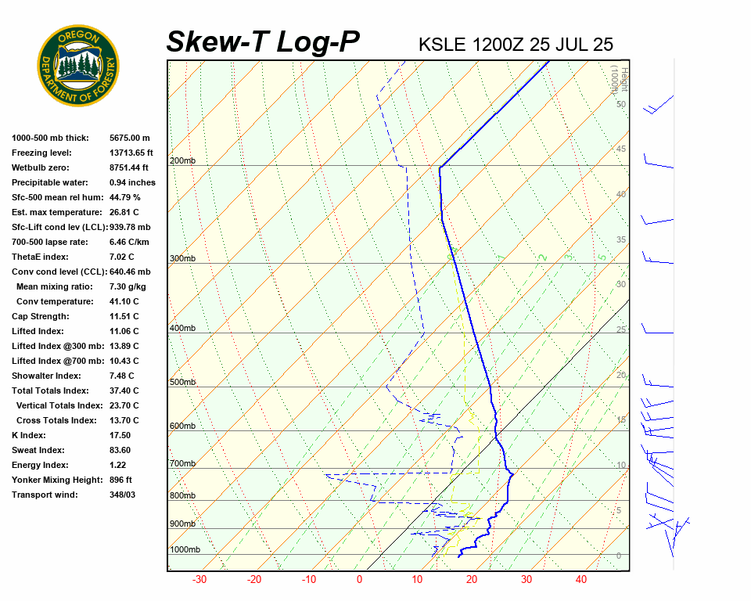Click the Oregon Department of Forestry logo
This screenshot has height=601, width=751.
click(78, 66)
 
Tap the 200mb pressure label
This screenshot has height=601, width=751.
click(182, 161)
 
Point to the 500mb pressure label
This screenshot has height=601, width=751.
click(182, 383)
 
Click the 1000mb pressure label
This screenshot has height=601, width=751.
click(185, 550)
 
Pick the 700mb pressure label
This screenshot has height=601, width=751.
click(182, 464)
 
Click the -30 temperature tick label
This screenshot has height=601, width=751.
click(199, 580)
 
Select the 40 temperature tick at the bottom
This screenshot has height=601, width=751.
click(581, 580)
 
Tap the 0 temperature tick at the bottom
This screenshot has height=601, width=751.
click(360, 580)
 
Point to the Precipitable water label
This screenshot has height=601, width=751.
click(52, 182)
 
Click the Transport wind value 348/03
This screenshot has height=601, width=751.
click(123, 495)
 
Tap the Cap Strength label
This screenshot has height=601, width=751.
click(41, 317)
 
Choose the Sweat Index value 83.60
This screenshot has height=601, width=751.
click(120, 450)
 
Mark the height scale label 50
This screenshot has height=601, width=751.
click(621, 104)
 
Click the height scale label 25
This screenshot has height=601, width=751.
click(621, 330)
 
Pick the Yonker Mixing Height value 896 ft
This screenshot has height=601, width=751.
click(120, 480)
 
